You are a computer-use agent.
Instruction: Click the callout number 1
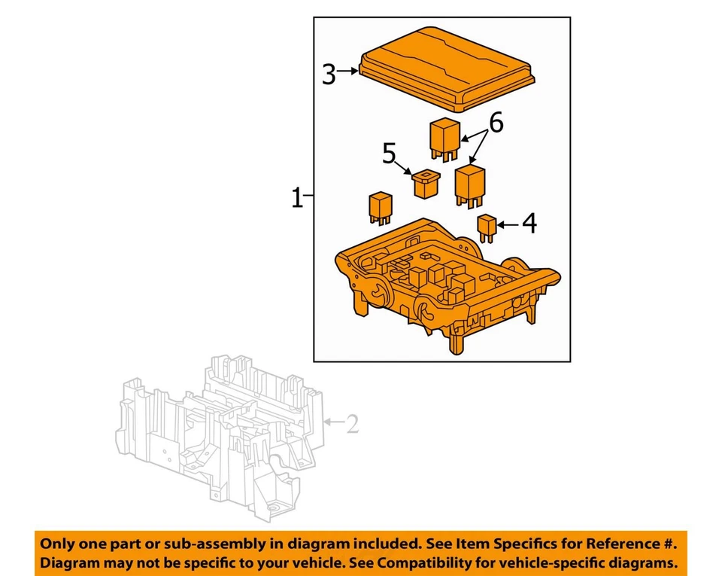[297, 200]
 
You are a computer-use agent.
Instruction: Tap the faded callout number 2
[351, 425]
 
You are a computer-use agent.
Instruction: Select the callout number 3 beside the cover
[329, 74]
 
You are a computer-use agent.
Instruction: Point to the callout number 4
[529, 224]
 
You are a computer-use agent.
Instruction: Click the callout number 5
[389, 154]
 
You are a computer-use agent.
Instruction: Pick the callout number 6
[495, 122]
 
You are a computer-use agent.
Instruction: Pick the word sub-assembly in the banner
[197, 544]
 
